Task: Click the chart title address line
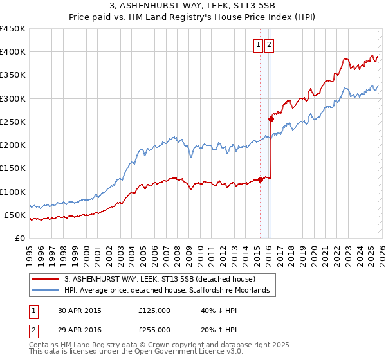pyautogui.click(x=192, y=7)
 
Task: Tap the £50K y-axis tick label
pyautogui.click(x=15, y=215)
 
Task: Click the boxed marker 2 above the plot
pyautogui.click(x=269, y=45)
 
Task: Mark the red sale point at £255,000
pyautogui.click(x=271, y=119)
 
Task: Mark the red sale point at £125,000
pyautogui.click(x=260, y=179)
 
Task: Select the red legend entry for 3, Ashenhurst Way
pyautogui.click(x=160, y=279)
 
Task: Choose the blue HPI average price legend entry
pyautogui.click(x=170, y=291)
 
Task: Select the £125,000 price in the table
pyautogui.click(x=154, y=310)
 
